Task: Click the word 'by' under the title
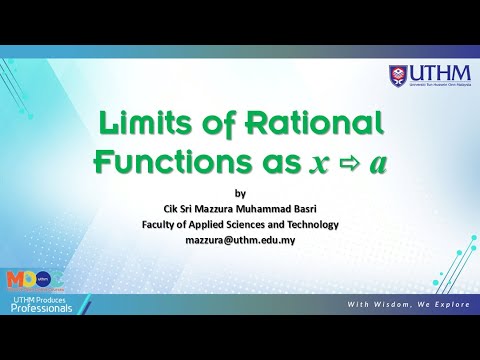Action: [x=239, y=193]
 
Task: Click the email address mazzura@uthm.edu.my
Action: [x=240, y=241]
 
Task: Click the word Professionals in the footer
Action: [x=42, y=308]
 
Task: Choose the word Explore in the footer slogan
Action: [x=446, y=304]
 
